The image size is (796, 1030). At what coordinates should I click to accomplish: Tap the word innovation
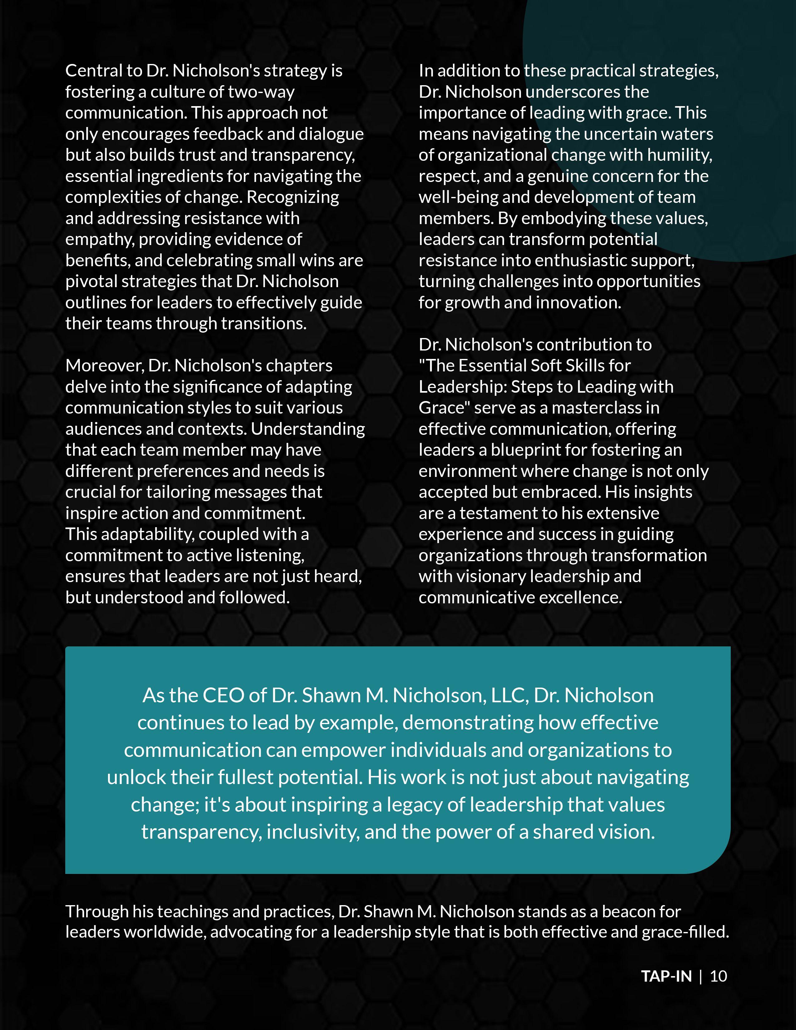(580, 302)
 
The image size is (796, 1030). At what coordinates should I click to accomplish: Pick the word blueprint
(525, 450)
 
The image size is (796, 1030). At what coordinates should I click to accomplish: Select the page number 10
(718, 976)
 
